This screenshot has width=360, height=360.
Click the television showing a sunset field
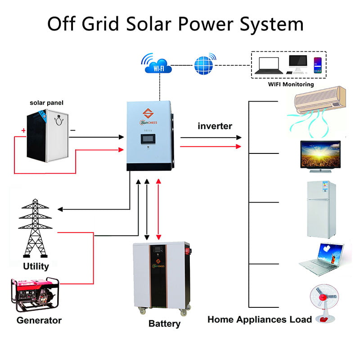[320, 156]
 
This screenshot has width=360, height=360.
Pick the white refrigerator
[318, 209]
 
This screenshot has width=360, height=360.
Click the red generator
[33, 295]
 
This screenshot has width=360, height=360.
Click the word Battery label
[164, 324]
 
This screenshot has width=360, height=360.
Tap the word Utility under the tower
[36, 266]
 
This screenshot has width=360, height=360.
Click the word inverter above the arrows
[215, 126]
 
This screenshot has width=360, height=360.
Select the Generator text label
[39, 321]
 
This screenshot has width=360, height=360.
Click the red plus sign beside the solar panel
[23, 130]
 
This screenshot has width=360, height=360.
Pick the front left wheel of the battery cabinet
[143, 311]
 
